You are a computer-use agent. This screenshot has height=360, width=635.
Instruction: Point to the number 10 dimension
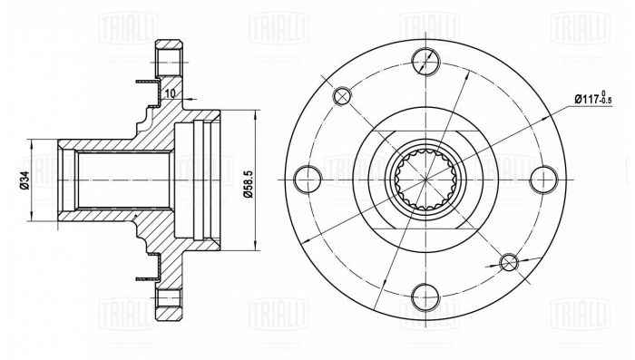pyautogui.click(x=171, y=92)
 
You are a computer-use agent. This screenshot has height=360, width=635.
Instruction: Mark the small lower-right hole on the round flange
pyautogui.click(x=508, y=262)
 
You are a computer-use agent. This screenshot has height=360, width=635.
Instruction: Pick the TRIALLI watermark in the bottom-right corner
pyautogui.click(x=581, y=333)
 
